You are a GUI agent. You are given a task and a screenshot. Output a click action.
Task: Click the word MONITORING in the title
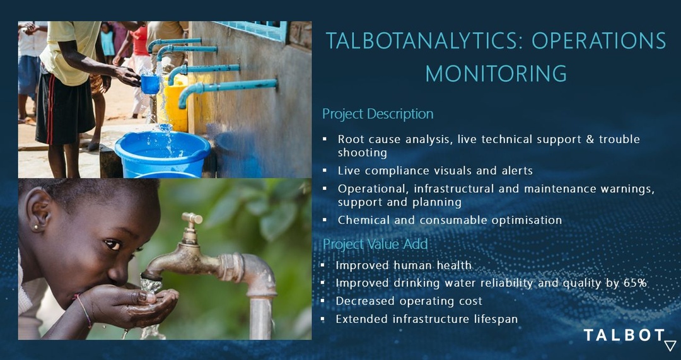pyautogui.click(x=496, y=73)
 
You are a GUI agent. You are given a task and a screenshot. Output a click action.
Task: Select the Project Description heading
pyautogui.click(x=378, y=113)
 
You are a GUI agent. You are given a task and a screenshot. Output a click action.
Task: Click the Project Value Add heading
pyautogui.click(x=375, y=244)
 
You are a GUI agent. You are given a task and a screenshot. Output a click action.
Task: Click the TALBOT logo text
pyautogui.click(x=624, y=335)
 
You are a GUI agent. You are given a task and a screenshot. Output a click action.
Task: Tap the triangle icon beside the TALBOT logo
pyautogui.click(x=670, y=345)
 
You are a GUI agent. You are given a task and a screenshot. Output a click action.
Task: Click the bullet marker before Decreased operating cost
pyautogui.click(x=322, y=301)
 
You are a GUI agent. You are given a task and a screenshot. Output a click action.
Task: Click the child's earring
pyautogui.click(x=35, y=227)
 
